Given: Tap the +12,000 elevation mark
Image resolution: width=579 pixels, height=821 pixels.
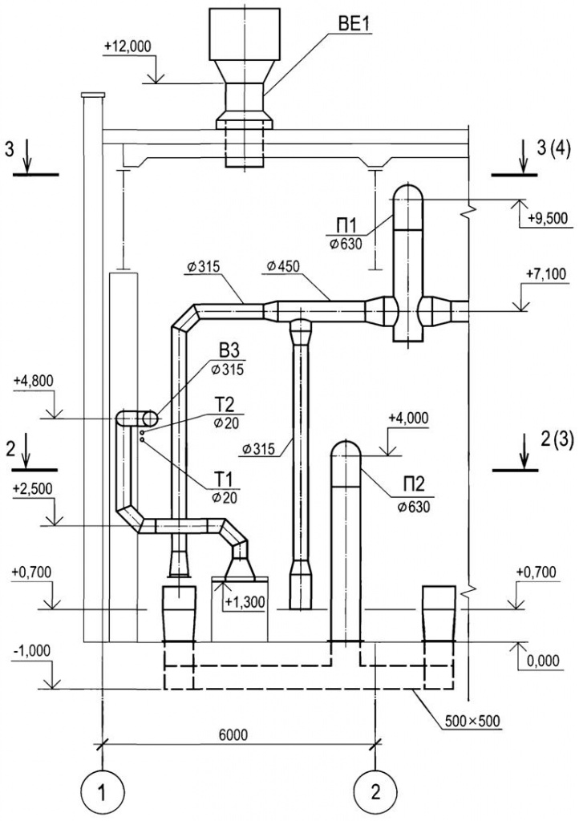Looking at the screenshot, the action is pos(128,46).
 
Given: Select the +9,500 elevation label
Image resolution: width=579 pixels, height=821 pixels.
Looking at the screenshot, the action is pos(548,218).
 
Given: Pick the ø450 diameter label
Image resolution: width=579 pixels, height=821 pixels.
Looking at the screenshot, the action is pos(283,266).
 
